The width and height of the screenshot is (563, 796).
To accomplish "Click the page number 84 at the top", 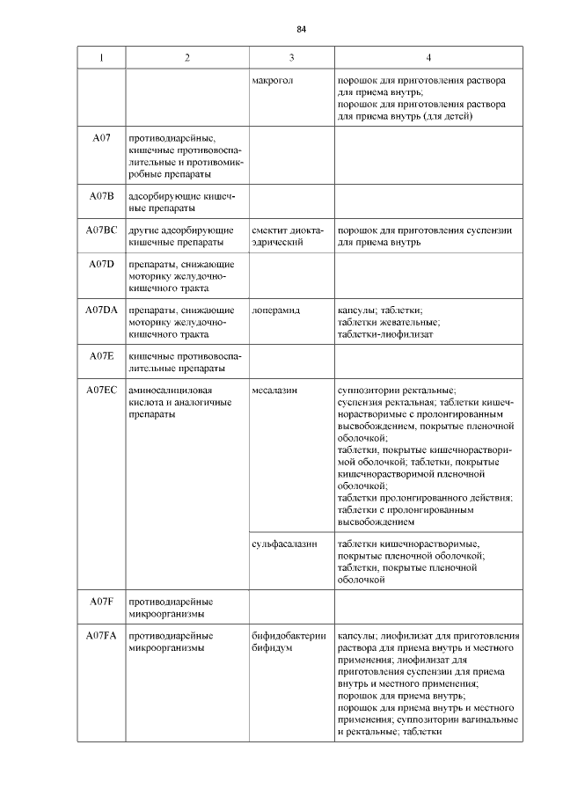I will coord(301,29).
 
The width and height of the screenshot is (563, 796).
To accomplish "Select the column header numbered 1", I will coord(101,57).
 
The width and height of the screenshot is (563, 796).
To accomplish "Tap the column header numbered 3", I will coord(291,57).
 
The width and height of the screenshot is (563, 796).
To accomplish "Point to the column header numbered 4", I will coord(428,57).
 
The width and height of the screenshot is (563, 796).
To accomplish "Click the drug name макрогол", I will coord(272,80).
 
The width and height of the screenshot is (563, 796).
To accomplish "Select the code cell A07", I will coord(101,139).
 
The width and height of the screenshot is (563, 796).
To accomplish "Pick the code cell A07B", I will coord(101,195).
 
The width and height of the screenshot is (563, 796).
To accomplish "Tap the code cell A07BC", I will coord(101,230).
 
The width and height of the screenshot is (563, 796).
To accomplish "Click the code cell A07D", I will coord(101,264).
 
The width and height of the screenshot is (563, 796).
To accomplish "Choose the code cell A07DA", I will coord(101,310).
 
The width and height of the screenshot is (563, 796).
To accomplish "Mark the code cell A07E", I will coord(101,355).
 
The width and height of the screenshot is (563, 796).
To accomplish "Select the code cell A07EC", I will coord(101,390).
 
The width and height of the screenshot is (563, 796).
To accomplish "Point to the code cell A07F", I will coord(101,601).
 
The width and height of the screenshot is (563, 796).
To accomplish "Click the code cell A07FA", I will coord(101,635).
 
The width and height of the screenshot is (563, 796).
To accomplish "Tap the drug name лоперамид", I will coord(275,310).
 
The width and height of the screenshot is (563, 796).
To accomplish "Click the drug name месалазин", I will coord(274,390).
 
